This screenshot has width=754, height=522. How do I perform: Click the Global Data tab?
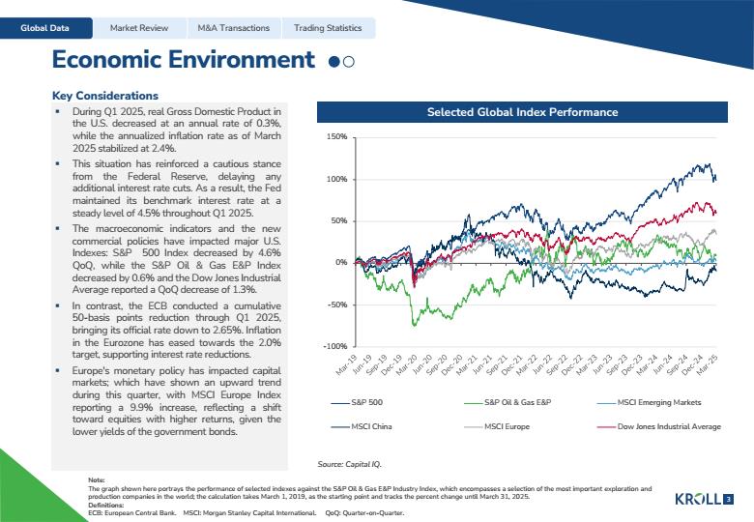(x=44, y=28)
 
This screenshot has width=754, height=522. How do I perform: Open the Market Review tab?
(x=139, y=28)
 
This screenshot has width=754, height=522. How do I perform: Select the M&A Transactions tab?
(x=234, y=28)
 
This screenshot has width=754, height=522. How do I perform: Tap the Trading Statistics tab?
(x=328, y=28)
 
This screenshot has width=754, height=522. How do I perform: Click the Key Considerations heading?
(x=105, y=96)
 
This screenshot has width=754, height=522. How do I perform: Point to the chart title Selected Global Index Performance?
(x=522, y=112)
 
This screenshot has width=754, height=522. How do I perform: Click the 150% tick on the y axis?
(x=337, y=137)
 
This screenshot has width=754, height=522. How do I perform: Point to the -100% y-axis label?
(x=335, y=346)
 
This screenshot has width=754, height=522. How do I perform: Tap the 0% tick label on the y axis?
(x=341, y=262)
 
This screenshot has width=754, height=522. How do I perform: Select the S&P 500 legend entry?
(x=357, y=402)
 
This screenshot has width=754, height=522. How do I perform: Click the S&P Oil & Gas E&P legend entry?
(x=507, y=402)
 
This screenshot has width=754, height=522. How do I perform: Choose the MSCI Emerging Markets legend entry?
(x=650, y=402)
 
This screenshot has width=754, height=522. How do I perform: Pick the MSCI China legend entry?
(x=362, y=426)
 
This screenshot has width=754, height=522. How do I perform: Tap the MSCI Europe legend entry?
(x=497, y=426)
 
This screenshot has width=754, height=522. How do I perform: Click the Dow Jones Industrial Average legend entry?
(x=659, y=426)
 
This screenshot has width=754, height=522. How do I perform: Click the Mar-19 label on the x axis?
(x=347, y=365)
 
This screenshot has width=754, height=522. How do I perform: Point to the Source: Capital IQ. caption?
(x=349, y=464)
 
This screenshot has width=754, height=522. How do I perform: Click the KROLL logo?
(x=698, y=499)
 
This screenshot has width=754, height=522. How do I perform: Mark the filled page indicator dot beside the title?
(x=333, y=62)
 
